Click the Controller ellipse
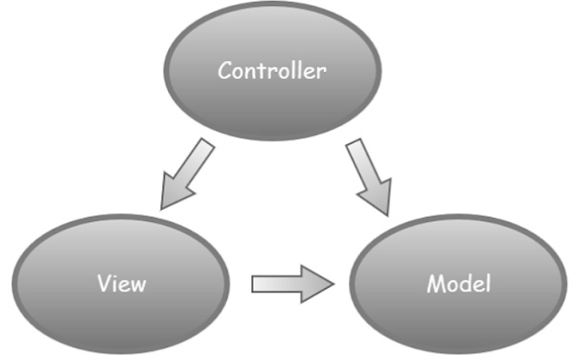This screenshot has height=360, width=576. pos(271,99)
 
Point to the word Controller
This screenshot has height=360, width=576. pos(271,71)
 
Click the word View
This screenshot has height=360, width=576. pos(121,284)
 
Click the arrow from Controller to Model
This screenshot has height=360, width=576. pos(369,176)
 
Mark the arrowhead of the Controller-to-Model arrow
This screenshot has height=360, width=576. pos(382,200)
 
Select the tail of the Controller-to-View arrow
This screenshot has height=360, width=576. pos(205,149)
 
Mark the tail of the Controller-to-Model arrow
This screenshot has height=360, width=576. pos(355,149)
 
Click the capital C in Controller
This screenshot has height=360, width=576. pos(225,71)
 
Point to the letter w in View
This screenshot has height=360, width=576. pos(138,285)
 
